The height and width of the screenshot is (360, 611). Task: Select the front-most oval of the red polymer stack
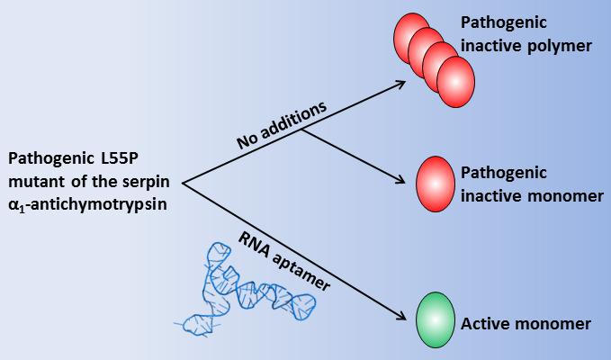455,79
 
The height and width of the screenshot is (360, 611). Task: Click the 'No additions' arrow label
281,125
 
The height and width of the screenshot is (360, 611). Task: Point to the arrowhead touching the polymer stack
401,83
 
